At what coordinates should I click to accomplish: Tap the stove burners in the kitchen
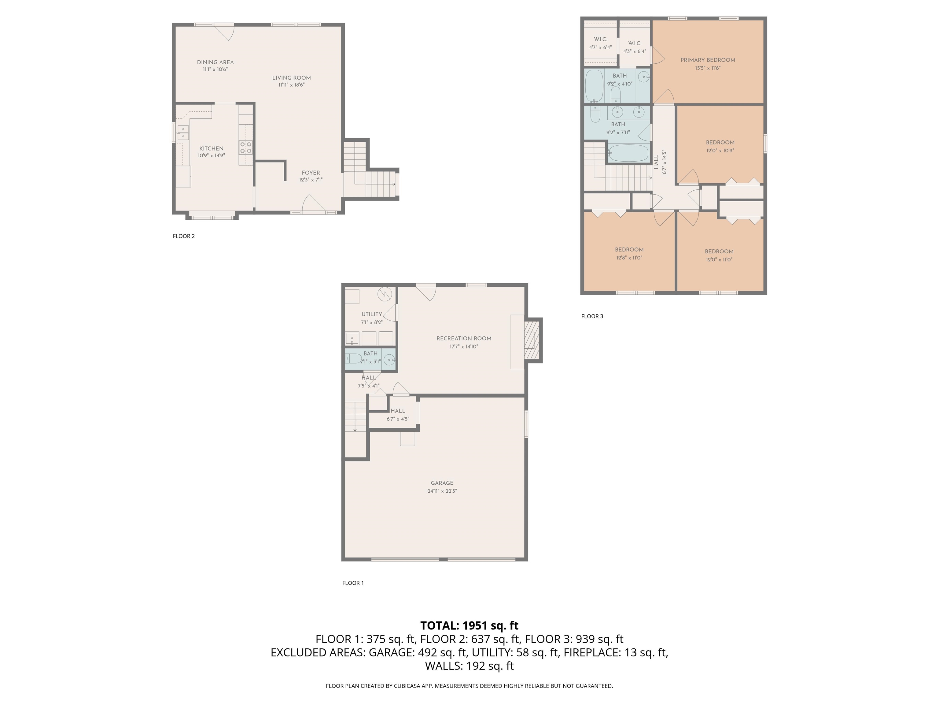pyautogui.click(x=246, y=147)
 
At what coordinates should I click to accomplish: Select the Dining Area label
pyautogui.click(x=215, y=62)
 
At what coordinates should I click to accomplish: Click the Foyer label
pyautogui.click(x=311, y=173)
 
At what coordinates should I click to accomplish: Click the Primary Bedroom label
pyautogui.click(x=708, y=60)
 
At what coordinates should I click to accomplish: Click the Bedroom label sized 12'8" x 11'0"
pyautogui.click(x=629, y=249)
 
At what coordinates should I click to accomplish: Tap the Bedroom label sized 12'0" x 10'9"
pyautogui.click(x=720, y=142)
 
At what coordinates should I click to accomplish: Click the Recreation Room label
pyautogui.click(x=464, y=338)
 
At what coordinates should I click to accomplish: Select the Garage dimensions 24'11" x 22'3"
pyautogui.click(x=442, y=491)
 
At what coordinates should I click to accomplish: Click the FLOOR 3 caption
pyautogui.click(x=592, y=316)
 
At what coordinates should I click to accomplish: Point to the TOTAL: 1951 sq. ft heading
pyautogui.click(x=469, y=625)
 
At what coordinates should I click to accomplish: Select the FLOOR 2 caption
pyautogui.click(x=183, y=236)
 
